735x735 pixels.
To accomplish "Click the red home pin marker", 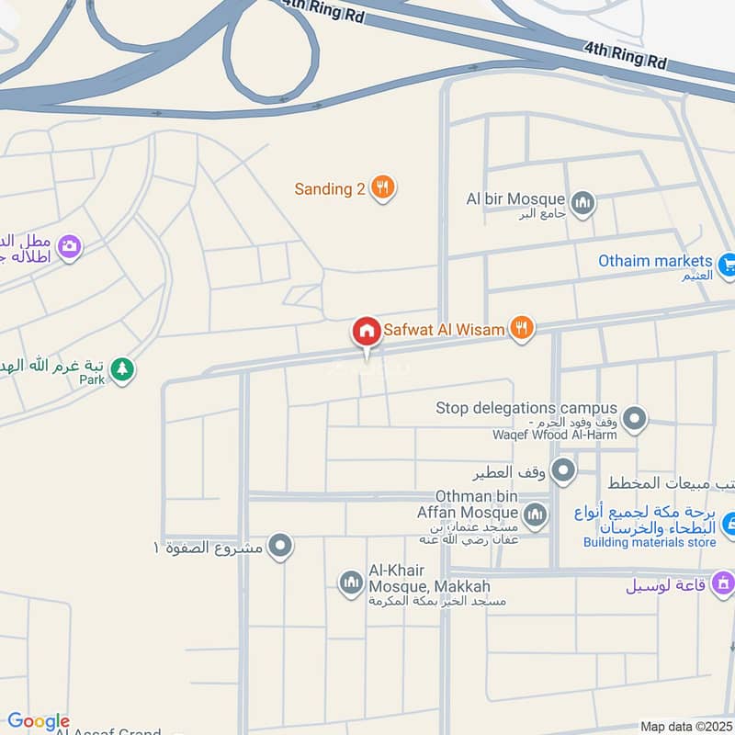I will (x=366, y=332).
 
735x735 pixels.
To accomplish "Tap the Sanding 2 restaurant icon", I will (x=384, y=188).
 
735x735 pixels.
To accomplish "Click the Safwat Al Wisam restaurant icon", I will (x=522, y=327).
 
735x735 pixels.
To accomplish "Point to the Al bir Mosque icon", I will (x=582, y=202).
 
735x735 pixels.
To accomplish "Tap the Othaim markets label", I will (x=655, y=261).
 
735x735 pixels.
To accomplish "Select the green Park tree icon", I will (x=121, y=369).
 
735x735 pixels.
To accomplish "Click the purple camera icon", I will (x=69, y=246).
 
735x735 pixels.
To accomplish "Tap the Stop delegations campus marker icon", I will (x=633, y=421).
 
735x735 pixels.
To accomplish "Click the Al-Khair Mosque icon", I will (x=351, y=582).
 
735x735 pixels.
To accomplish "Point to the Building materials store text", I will (x=649, y=542).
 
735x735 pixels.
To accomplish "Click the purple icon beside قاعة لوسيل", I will (x=724, y=582).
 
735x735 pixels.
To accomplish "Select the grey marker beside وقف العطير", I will (x=563, y=472).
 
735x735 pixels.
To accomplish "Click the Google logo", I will (x=38, y=721).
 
